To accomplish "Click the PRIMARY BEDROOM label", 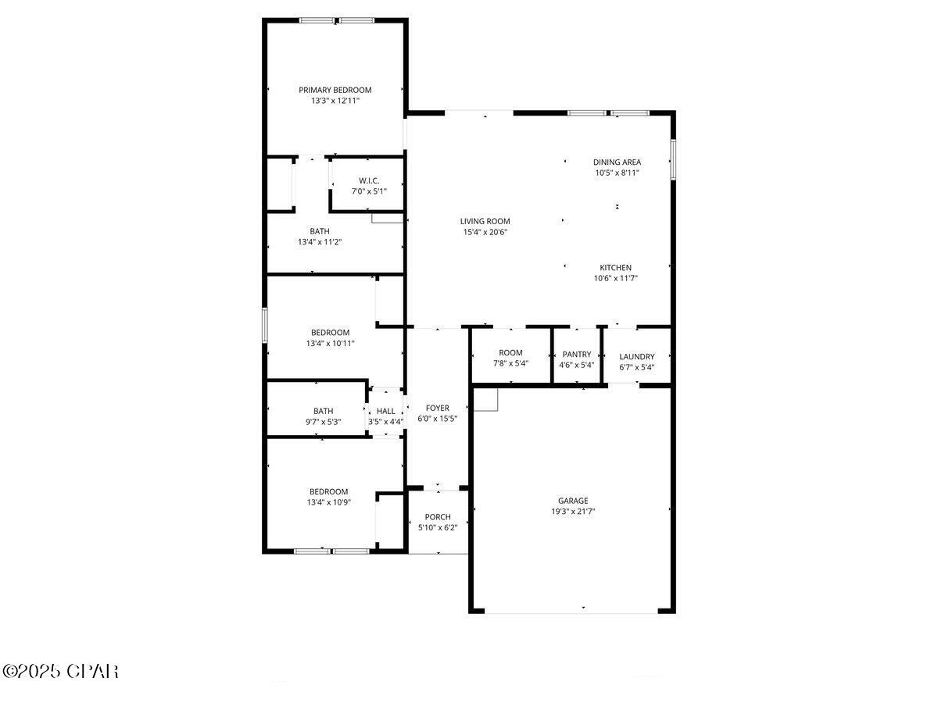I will (335, 90).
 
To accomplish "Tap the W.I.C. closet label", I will (369, 180).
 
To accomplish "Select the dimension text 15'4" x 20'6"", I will (485, 232).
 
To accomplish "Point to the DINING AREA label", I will (617, 162).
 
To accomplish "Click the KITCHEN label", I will (616, 267).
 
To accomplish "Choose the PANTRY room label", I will (577, 354).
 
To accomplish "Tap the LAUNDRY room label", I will (637, 356).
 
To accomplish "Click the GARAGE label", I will (573, 501).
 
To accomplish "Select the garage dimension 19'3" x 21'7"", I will (573, 512).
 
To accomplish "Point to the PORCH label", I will (438, 517).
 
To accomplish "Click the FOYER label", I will (438, 408).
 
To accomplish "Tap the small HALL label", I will (386, 411).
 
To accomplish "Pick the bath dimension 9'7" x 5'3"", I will (323, 422).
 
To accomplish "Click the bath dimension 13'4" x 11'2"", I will (320, 242).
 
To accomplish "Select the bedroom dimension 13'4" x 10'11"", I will (330, 343).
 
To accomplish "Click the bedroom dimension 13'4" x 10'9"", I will (328, 502).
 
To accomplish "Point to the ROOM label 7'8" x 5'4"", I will (510, 352).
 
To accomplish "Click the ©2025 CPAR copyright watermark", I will (60, 671).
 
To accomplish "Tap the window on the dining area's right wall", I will (673, 159).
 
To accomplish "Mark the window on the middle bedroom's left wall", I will (265, 325).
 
